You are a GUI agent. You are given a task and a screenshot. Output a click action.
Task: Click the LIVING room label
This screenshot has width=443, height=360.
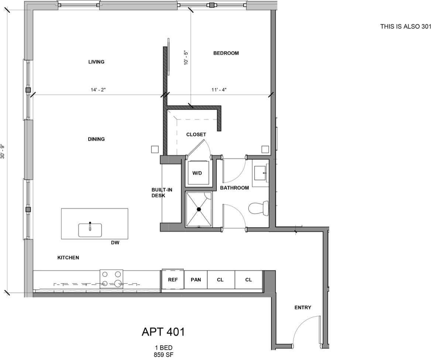(x=96, y=62)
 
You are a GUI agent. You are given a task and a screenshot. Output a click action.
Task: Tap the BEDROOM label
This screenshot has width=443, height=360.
(x=226, y=53)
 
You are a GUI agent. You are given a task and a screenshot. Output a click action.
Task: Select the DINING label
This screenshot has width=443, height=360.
(x=96, y=139)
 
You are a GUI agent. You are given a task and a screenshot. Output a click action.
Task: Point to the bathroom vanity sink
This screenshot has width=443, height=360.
(x=261, y=172)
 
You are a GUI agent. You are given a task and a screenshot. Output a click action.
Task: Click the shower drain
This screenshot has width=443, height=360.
(x=199, y=209)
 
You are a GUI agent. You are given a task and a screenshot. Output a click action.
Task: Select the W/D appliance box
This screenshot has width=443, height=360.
(x=198, y=173)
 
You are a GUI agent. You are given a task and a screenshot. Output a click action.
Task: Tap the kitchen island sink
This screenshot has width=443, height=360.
(x=90, y=230)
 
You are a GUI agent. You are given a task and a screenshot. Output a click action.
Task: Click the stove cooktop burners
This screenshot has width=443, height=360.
(x=111, y=279)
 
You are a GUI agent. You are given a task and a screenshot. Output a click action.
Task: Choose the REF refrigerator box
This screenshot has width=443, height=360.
(x=173, y=280)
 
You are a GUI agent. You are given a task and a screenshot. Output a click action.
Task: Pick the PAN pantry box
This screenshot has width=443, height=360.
(x=196, y=280)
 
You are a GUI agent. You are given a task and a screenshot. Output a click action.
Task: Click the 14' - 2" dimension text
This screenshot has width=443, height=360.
(x=98, y=90)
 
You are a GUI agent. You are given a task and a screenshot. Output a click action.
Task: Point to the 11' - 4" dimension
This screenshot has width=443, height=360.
(x=219, y=90)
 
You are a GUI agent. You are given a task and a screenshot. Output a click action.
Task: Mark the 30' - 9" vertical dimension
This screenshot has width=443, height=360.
(x=3, y=151)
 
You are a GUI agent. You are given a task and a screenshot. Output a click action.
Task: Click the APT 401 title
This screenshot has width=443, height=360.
(x=163, y=332)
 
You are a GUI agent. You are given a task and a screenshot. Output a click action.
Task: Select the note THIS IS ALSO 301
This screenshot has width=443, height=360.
(x=405, y=27)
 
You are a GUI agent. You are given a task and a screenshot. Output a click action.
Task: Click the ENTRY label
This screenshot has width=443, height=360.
(x=303, y=308)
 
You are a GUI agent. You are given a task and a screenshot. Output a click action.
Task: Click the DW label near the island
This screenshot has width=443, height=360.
(x=115, y=243)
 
